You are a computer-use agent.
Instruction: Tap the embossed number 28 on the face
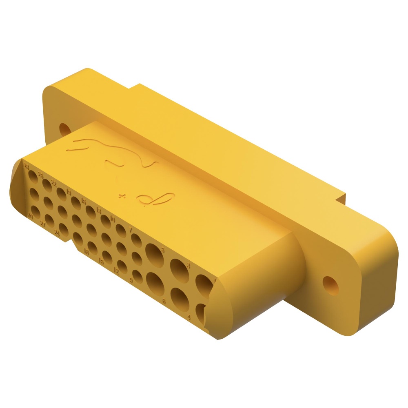(27, 166)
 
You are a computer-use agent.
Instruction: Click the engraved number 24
(57, 234)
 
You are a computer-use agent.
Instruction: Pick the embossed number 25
(41, 176)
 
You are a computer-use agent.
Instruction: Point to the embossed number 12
(116, 271)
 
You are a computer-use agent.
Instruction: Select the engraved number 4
(189, 317)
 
